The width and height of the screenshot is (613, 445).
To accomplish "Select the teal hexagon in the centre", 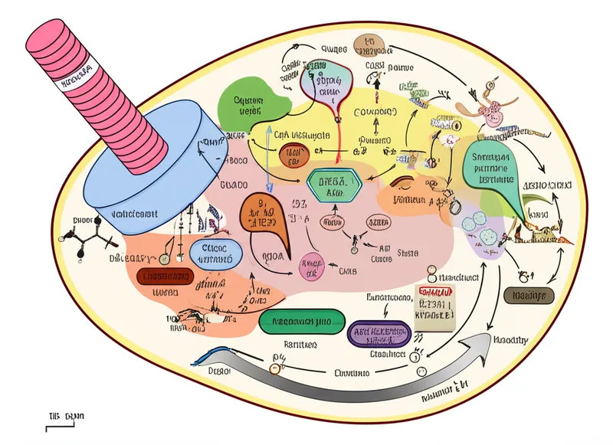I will click(x=333, y=185).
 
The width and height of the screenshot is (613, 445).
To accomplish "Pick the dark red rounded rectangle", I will click(x=166, y=276).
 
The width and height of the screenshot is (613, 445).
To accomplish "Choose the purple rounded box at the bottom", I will click(x=379, y=332).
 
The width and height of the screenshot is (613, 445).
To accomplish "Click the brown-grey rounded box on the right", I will click(x=529, y=296).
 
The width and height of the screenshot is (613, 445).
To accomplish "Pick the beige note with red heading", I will click(x=434, y=301).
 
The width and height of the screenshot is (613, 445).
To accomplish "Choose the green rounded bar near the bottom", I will click(x=296, y=322).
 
